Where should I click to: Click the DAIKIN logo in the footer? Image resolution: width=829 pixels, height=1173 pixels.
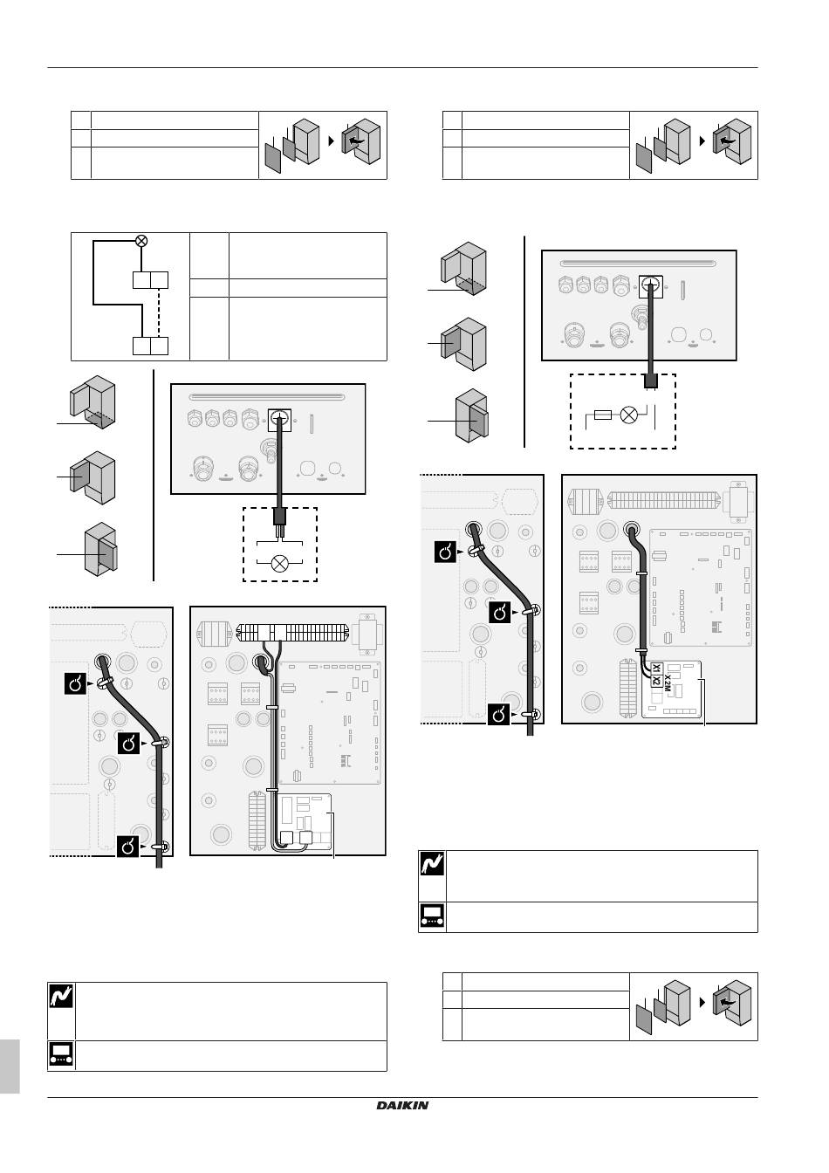pos(402,1106)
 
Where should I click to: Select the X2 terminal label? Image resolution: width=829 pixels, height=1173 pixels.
pos(656,681)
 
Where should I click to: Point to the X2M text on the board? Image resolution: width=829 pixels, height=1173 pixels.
pos(668,683)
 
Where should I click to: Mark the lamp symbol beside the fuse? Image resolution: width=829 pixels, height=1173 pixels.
pos(628,415)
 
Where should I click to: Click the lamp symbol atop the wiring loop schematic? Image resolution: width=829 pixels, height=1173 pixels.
pos(141,241)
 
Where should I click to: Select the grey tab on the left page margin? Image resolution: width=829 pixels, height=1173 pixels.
pos(10,1066)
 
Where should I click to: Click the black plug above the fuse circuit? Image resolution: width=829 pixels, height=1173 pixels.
pos(649,381)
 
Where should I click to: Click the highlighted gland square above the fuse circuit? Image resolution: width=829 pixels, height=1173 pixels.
pos(651,285)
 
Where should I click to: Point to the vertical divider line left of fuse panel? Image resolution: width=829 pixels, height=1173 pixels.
pos(524,340)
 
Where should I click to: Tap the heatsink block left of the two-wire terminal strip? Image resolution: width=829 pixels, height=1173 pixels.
pos(213,633)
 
